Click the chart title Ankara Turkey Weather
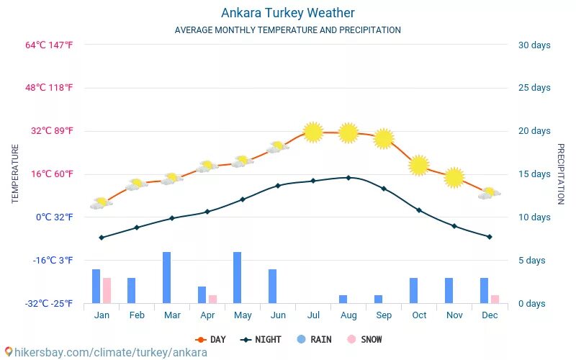[x=287, y=13]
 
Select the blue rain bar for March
[x=166, y=277]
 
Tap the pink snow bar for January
[x=107, y=290]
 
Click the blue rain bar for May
[x=237, y=277]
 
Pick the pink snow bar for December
[x=495, y=299]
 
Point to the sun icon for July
[x=312, y=132]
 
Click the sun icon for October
[x=418, y=165]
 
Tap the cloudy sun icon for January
[x=101, y=203]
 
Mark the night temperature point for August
[x=348, y=177]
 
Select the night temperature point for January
[x=102, y=237]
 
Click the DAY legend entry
[x=211, y=340]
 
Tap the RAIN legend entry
[x=314, y=340]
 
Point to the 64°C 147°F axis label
[x=49, y=45]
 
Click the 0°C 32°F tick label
[x=55, y=217]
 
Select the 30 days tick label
[x=534, y=45]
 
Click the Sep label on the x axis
[x=384, y=315]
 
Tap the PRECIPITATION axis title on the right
[x=561, y=174]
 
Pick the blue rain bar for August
[x=343, y=299]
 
